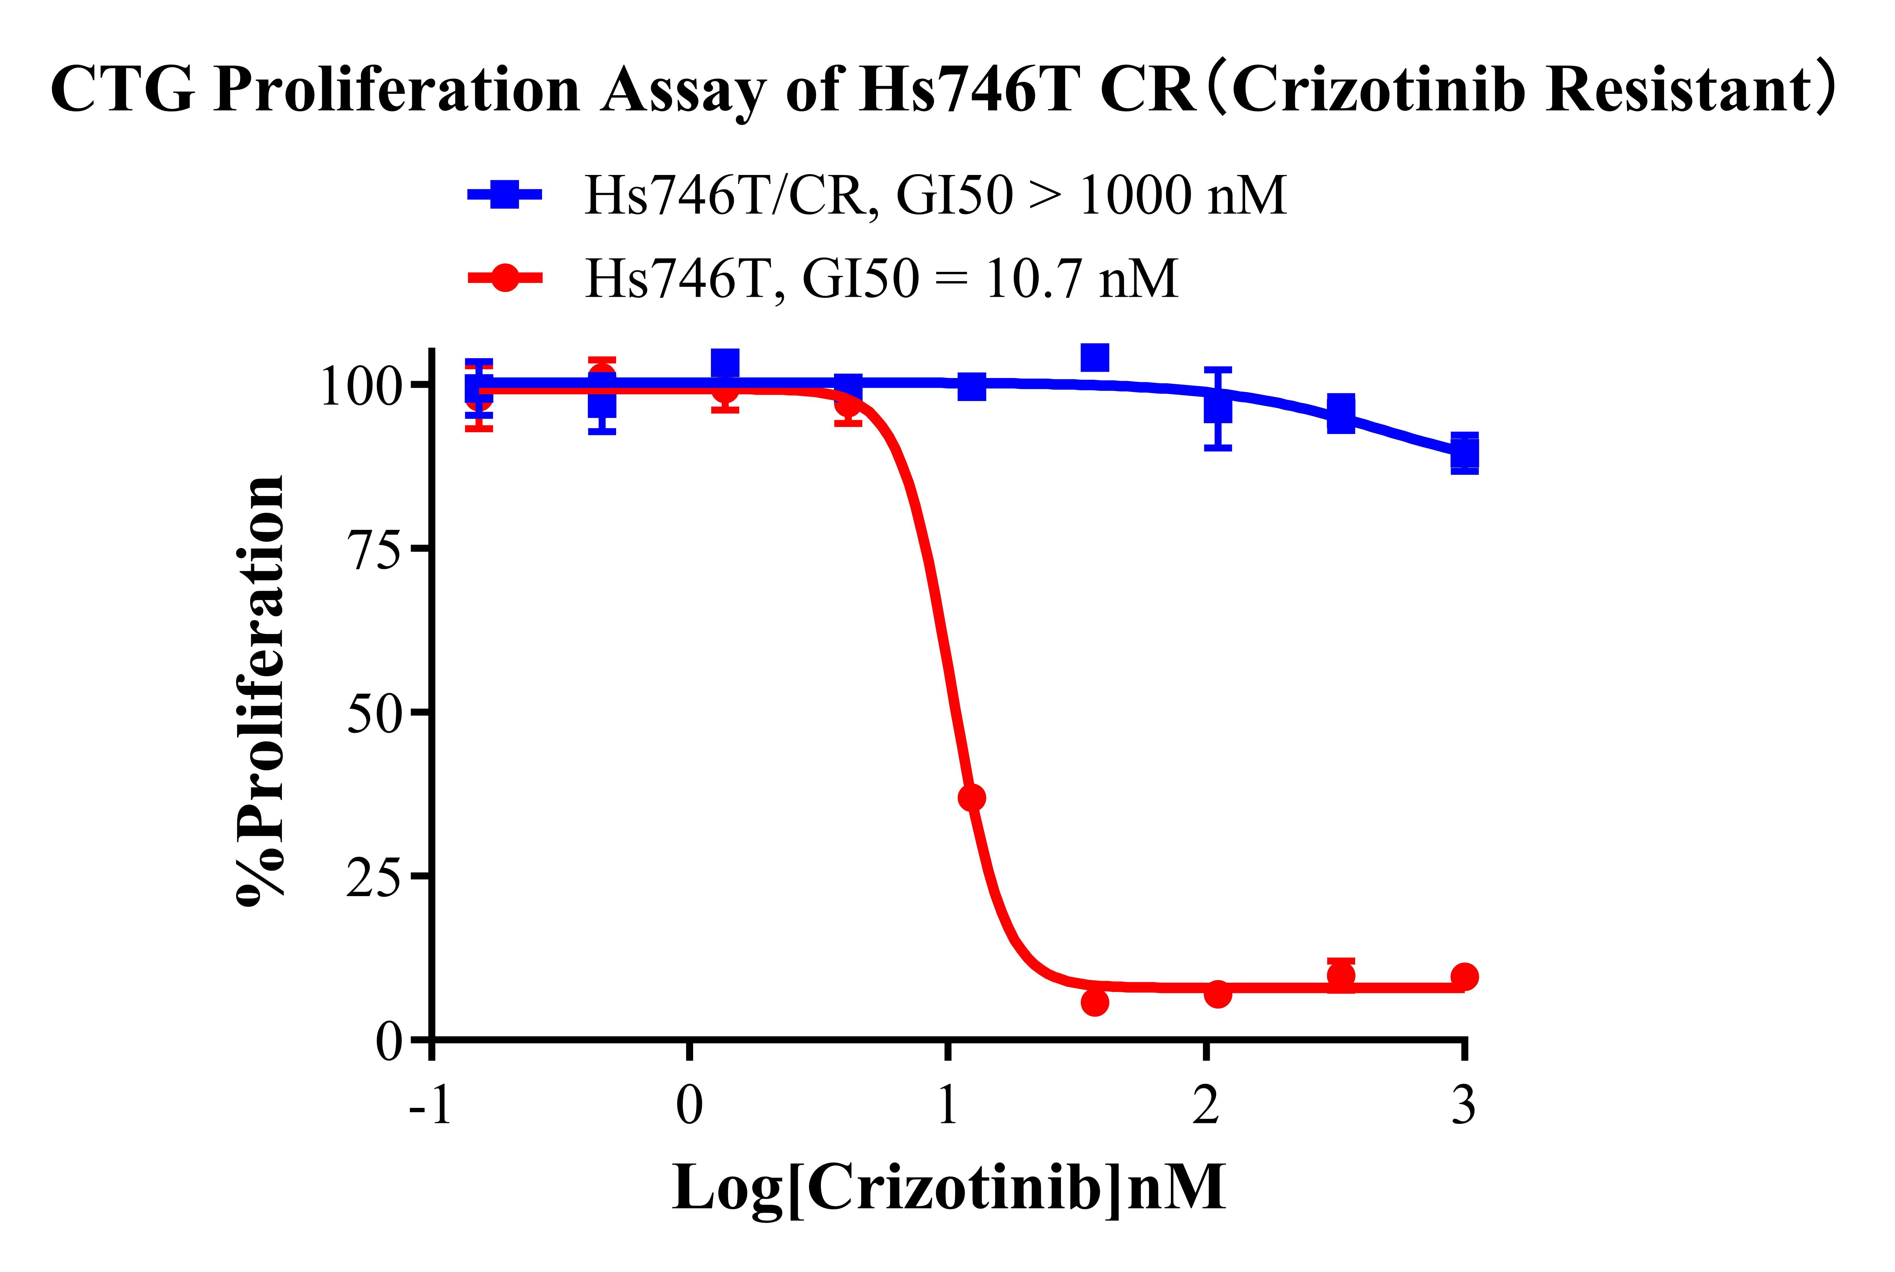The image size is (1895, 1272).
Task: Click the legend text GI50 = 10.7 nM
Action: (990, 278)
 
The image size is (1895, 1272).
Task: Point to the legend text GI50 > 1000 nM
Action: (1092, 195)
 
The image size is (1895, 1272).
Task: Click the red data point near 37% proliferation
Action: (971, 798)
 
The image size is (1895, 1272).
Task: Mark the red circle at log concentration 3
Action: (1464, 976)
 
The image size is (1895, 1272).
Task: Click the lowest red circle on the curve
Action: (1095, 1003)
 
